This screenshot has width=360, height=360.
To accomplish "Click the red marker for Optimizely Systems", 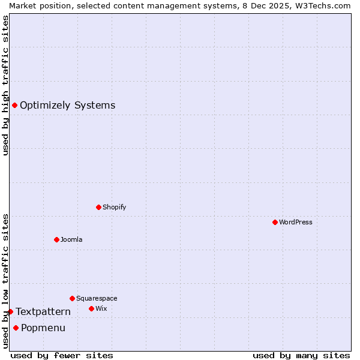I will pos(14,106).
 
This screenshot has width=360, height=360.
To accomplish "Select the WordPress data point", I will pos(275,222).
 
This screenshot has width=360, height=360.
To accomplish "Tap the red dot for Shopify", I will pos(98,207).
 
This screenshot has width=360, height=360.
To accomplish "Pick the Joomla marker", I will pos(56,239).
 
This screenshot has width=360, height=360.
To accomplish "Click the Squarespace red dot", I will pos(72,298).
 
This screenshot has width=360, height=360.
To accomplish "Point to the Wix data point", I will pos(91,308).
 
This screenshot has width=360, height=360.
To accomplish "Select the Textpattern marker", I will pos(10,311).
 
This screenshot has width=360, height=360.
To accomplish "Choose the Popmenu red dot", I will pos(16,328).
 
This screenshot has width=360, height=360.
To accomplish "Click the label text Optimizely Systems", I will pos(67,106).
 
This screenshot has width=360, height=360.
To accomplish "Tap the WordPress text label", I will pos(296,222).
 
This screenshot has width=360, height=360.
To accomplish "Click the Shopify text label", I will pos(114,207).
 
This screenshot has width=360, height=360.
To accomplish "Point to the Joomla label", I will pos(71,239).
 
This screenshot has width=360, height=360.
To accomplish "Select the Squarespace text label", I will pos(97,298).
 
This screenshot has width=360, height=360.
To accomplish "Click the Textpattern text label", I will pos(43,311).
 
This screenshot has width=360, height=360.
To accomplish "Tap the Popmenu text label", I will pos(43,328).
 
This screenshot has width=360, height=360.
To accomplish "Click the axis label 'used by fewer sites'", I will pos(62,355).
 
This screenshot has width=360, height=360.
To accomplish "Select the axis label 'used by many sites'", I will pos(301,355).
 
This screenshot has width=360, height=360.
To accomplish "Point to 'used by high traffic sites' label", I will pos(5,85).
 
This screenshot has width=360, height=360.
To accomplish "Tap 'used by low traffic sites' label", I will pos(5,280).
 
